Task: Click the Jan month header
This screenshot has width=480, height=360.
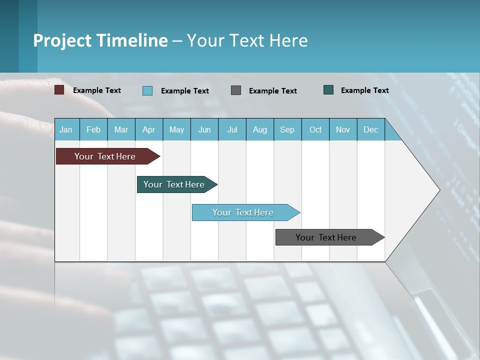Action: pos(66,129)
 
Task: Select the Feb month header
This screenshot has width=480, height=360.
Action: pos(93,129)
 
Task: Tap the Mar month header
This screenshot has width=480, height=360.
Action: pos(121,129)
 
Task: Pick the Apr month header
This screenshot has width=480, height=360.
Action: pos(149,129)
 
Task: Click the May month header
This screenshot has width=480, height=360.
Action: pos(176,129)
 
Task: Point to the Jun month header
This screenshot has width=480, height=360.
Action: pos(204,129)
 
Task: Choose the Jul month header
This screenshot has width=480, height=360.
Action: pos(232,129)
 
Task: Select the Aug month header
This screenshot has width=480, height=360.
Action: pos(260,129)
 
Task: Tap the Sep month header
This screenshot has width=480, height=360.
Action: pos(287,129)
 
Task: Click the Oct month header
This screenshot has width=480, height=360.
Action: pos(315,129)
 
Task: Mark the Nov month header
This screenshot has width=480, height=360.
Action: pos(343,129)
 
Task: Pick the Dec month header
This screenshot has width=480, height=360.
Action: pos(371,129)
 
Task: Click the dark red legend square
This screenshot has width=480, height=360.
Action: pos(59,90)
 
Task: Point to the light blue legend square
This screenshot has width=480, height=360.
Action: pos(147,90)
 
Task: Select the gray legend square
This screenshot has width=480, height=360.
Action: pos(236,90)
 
